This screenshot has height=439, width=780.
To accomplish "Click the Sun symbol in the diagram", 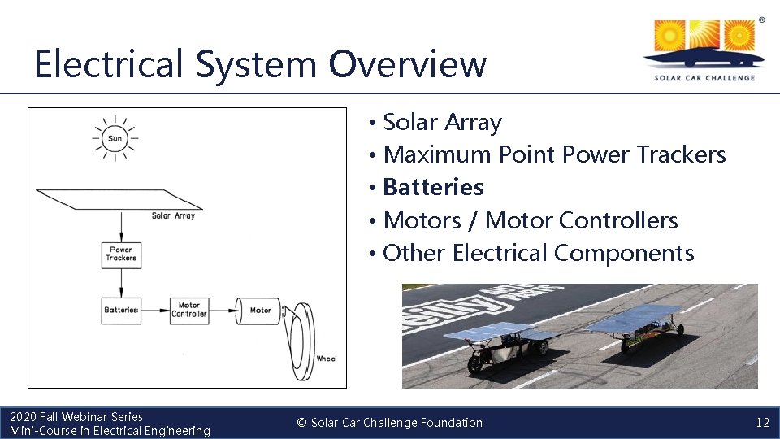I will click(x=115, y=138).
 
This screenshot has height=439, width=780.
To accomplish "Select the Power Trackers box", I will click(x=121, y=254).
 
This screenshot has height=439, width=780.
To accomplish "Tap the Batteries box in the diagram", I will click(x=121, y=310).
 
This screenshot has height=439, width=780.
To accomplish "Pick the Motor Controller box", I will click(x=189, y=310).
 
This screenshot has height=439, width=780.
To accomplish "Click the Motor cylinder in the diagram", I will click(x=258, y=310).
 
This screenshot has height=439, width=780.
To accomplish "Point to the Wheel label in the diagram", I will click(x=326, y=359).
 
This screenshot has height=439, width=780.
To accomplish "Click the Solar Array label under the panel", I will click(x=173, y=215).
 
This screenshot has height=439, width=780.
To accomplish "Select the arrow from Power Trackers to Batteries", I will click(x=121, y=282).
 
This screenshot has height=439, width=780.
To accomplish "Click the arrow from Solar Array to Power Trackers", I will click(x=121, y=226).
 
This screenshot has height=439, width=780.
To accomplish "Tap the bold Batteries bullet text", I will click(x=433, y=187).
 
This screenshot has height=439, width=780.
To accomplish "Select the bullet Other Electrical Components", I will click(x=538, y=253).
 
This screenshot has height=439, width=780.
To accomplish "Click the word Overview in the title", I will click(x=408, y=63).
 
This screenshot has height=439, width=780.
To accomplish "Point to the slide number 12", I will click(x=762, y=423).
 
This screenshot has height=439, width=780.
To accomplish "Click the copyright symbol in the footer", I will click(x=301, y=423).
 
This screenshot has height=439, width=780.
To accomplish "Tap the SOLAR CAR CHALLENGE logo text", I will click(x=704, y=78).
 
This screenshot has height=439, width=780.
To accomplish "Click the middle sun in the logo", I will click(x=704, y=37).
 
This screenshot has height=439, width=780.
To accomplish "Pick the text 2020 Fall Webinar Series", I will click(x=76, y=417).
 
